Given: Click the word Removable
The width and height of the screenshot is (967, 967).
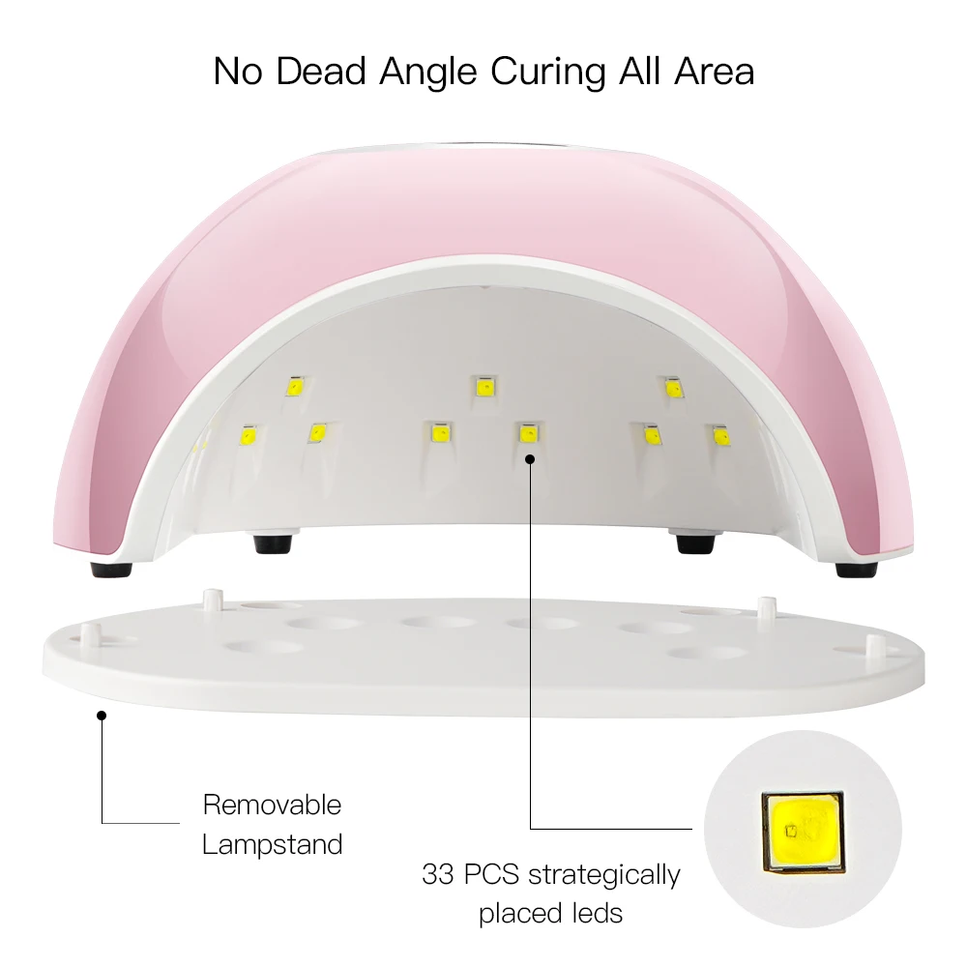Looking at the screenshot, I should pos(272,805).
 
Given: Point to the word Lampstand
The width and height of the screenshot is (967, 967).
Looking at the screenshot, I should pos(272,844).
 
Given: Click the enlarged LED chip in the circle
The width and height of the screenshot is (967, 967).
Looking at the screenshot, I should pos(801,828).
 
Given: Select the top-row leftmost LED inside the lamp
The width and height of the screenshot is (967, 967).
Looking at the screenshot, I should pos(295,386).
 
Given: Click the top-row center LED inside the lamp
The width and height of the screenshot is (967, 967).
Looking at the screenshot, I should pos(483,387).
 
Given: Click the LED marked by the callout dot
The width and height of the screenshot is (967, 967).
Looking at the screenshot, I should pos(528,434).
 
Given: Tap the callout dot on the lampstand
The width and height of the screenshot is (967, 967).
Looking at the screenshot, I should pos(102,716).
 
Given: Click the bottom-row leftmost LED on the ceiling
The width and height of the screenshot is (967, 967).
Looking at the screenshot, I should pos(246,436).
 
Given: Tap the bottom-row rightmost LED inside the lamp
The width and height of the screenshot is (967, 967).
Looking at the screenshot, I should pos(720,436).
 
